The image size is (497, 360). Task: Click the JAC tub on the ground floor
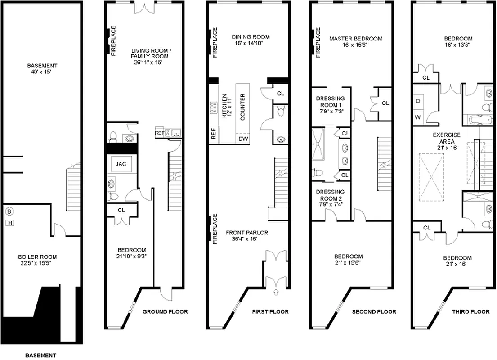point(121,165)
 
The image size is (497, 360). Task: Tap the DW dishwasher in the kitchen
point(243,139)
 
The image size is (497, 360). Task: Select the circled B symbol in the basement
point(9,211)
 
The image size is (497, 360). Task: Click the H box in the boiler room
point(9,222)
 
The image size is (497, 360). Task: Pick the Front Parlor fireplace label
point(215,229)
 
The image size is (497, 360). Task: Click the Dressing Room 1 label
point(330,105)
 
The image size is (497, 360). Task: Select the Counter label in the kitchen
point(242,107)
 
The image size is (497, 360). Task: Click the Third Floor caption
point(471,311)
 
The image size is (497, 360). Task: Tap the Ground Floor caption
point(165,311)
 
